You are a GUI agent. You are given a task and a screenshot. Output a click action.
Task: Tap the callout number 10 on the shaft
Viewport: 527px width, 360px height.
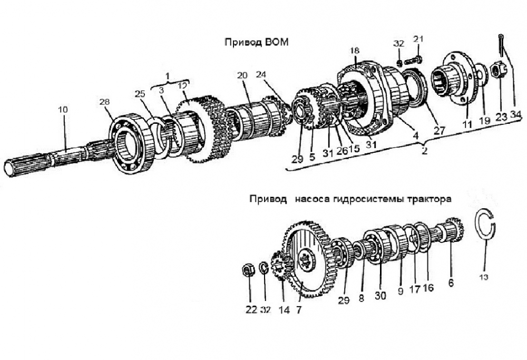coord(63,110)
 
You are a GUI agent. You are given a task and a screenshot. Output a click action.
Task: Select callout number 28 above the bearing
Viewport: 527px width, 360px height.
coord(105,101)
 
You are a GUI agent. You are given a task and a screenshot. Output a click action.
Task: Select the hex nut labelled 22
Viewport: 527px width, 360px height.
coord(246,270)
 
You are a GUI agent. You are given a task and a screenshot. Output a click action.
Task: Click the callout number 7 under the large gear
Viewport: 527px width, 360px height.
coord(299,310)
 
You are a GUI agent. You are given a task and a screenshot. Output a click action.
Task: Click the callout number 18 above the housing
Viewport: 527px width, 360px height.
coord(355,50)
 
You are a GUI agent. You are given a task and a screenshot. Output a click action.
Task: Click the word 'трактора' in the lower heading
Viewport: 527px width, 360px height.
coord(431,200)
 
